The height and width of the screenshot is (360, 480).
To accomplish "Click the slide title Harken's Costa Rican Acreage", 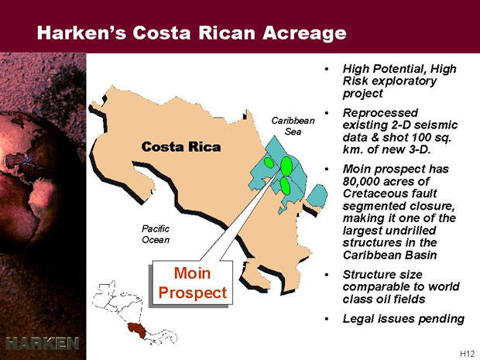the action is click(192, 33).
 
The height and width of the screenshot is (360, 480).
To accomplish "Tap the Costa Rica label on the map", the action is click(181, 146).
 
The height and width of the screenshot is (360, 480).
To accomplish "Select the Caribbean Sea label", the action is click(293, 126).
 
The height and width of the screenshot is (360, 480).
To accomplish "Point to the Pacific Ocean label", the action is click(156, 234).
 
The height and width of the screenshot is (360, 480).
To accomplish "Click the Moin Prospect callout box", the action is click(192, 283).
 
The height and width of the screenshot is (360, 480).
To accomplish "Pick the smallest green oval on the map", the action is click(269, 163).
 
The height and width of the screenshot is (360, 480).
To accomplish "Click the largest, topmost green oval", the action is click(286, 166).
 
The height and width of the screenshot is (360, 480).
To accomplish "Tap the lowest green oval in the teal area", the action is click(286, 186).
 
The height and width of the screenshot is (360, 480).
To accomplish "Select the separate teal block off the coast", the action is click(317, 196).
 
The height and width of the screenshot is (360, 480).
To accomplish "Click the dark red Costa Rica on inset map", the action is click(136, 330).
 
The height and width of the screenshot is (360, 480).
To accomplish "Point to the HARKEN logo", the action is click(43, 343).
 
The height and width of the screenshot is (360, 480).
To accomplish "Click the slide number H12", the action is click(467, 354).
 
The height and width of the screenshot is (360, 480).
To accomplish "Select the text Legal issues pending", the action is click(403, 319).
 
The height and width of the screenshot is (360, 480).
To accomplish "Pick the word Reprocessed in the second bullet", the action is click(380, 113).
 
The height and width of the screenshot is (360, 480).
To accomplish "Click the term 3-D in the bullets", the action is click(419, 149).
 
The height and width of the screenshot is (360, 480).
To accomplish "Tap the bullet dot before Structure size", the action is click(327, 275).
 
